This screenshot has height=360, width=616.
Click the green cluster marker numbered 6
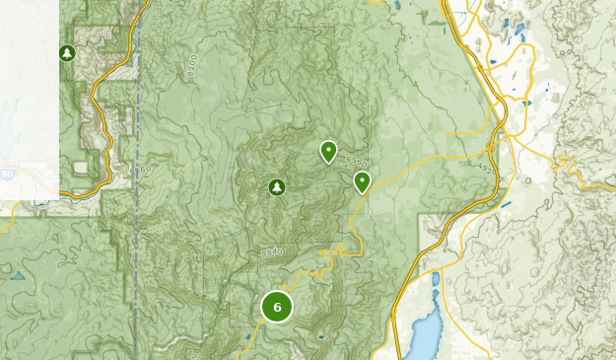pyautogui.click(x=277, y=308)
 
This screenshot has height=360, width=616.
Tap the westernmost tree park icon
pyautogui.click(x=67, y=53)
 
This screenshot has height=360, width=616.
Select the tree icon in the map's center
pyautogui.click(x=277, y=187)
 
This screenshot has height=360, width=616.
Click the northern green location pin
pyautogui.click(x=328, y=151)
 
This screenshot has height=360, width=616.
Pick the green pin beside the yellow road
pyautogui.click(x=362, y=181)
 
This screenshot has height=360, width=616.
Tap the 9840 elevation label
pyautogui.click(x=272, y=253)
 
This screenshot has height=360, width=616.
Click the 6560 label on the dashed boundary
pyautogui.click(x=139, y=171)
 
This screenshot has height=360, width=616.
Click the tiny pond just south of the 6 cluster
pyautogui.click(x=320, y=338)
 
